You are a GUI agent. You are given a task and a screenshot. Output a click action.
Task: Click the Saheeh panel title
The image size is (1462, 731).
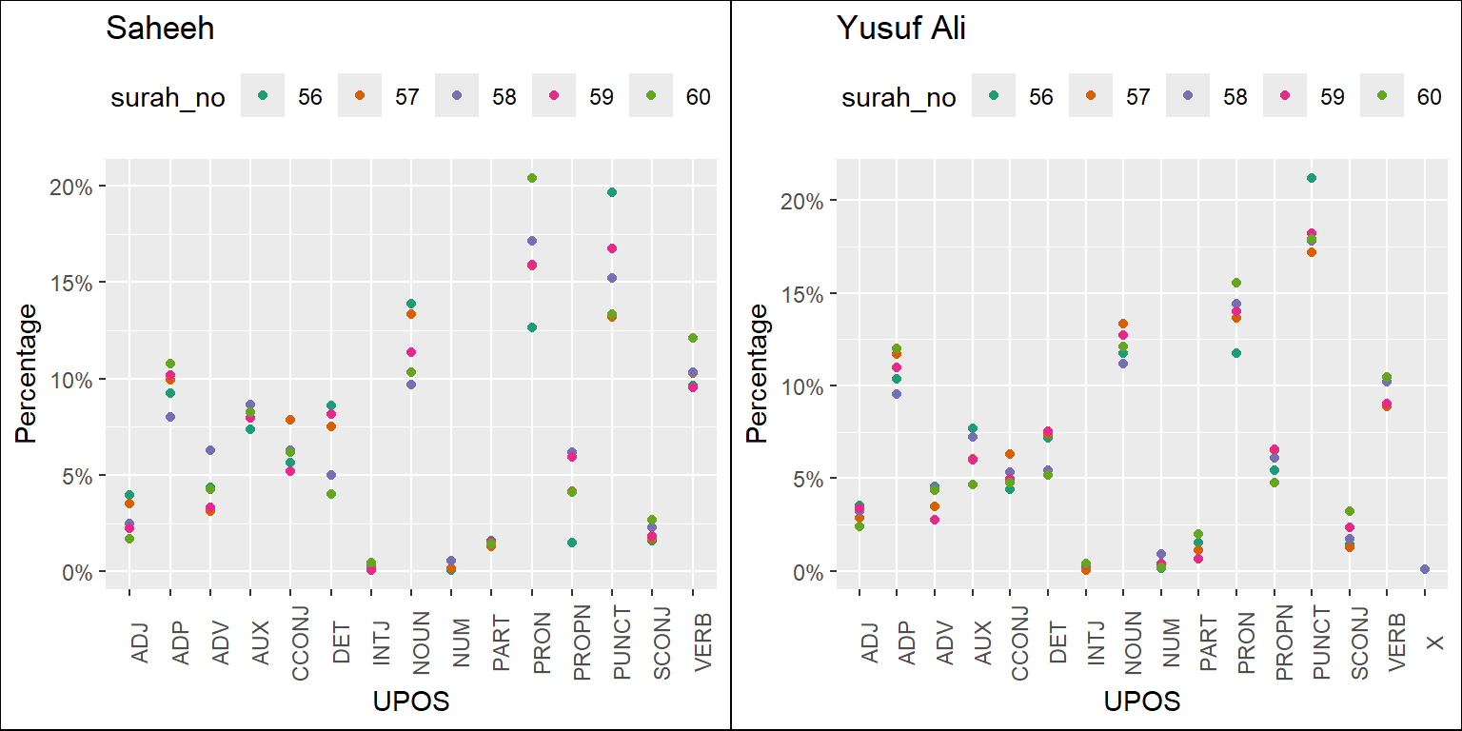point(160,30)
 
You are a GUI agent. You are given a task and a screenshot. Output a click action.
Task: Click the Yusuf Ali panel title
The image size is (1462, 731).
point(900,30)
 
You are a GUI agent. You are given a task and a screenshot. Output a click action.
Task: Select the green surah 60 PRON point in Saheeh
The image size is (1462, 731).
point(532,178)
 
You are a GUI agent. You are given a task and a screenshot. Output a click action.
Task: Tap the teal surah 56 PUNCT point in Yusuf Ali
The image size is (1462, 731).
point(1311,178)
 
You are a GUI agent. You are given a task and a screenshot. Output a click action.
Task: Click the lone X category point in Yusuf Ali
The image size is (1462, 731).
point(1425,569)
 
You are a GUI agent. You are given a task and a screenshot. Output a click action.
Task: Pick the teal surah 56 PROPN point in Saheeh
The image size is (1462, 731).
point(572,543)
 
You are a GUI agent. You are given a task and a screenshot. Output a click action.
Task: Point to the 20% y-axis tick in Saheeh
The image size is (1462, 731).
point(72,186)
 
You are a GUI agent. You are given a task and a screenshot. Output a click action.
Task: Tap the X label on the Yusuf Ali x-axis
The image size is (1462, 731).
point(1434,644)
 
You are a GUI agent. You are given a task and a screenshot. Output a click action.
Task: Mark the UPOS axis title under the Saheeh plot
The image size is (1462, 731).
point(411,702)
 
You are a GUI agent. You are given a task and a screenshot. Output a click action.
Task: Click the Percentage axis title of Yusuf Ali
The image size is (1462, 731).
point(757,373)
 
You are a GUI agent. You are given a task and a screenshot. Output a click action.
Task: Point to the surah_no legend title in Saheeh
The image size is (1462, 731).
point(168,97)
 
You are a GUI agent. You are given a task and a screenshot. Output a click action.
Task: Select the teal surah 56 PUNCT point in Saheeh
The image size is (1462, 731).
point(612,192)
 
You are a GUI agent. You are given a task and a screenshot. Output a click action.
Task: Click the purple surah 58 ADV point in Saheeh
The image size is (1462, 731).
point(209,450)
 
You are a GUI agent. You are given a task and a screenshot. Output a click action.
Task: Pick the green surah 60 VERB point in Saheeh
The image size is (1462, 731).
point(693,338)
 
